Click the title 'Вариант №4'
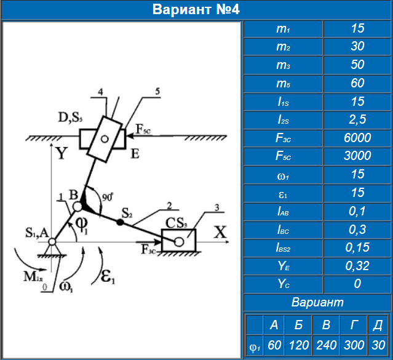[196, 10]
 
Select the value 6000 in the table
[357, 138]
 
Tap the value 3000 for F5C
[357, 156]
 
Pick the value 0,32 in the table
[357, 266]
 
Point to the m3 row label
[283, 65]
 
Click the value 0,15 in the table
[357, 247]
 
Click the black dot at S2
[119, 222]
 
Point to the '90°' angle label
[107, 198]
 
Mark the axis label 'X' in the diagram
[220, 231]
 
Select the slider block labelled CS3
[178, 241]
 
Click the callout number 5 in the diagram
[157, 91]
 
